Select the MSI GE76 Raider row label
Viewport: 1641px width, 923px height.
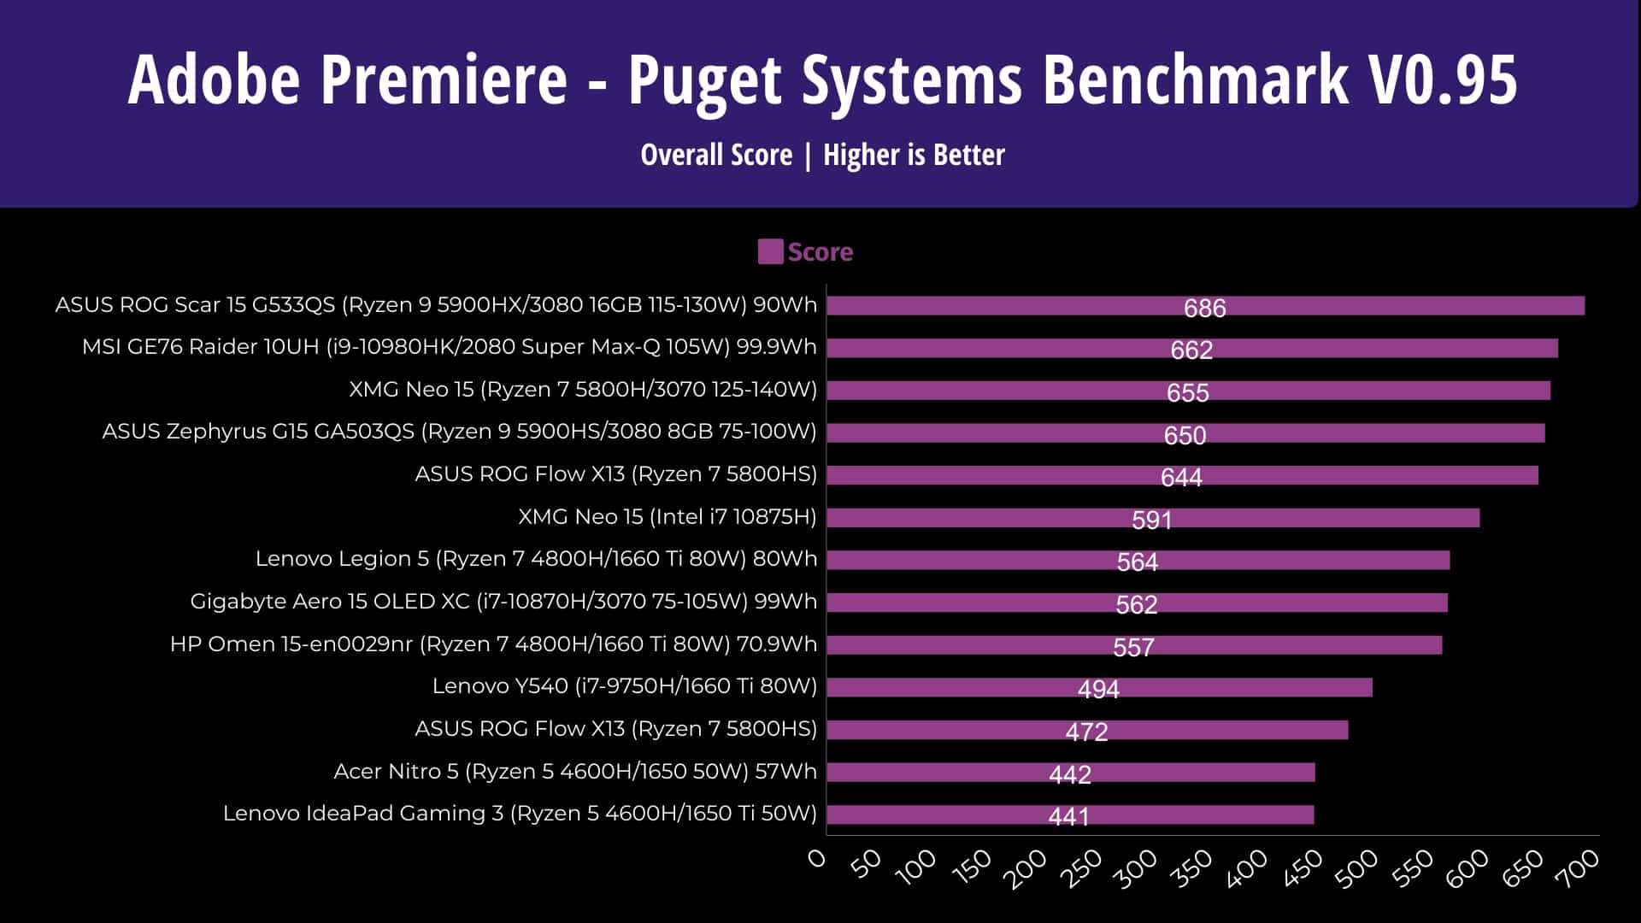pyautogui.click(x=449, y=347)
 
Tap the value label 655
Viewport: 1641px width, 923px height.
pyautogui.click(x=1187, y=392)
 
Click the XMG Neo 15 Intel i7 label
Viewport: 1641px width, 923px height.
pyautogui.click(x=667, y=517)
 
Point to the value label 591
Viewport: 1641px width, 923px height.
pyautogui.click(x=1151, y=520)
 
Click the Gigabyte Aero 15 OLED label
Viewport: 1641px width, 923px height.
pyautogui.click(x=503, y=602)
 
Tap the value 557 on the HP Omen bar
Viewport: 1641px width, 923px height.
pyautogui.click(x=1133, y=647)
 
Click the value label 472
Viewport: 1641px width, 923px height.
pyautogui.click(x=1086, y=732)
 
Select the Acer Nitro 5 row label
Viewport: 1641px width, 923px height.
pyautogui.click(x=574, y=772)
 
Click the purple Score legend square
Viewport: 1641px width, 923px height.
pyautogui.click(x=770, y=252)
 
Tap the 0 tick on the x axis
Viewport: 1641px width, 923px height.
pyautogui.click(x=818, y=859)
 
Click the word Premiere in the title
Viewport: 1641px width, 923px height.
pyautogui.click(x=444, y=79)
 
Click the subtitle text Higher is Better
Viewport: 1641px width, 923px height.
pyautogui.click(x=914, y=155)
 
